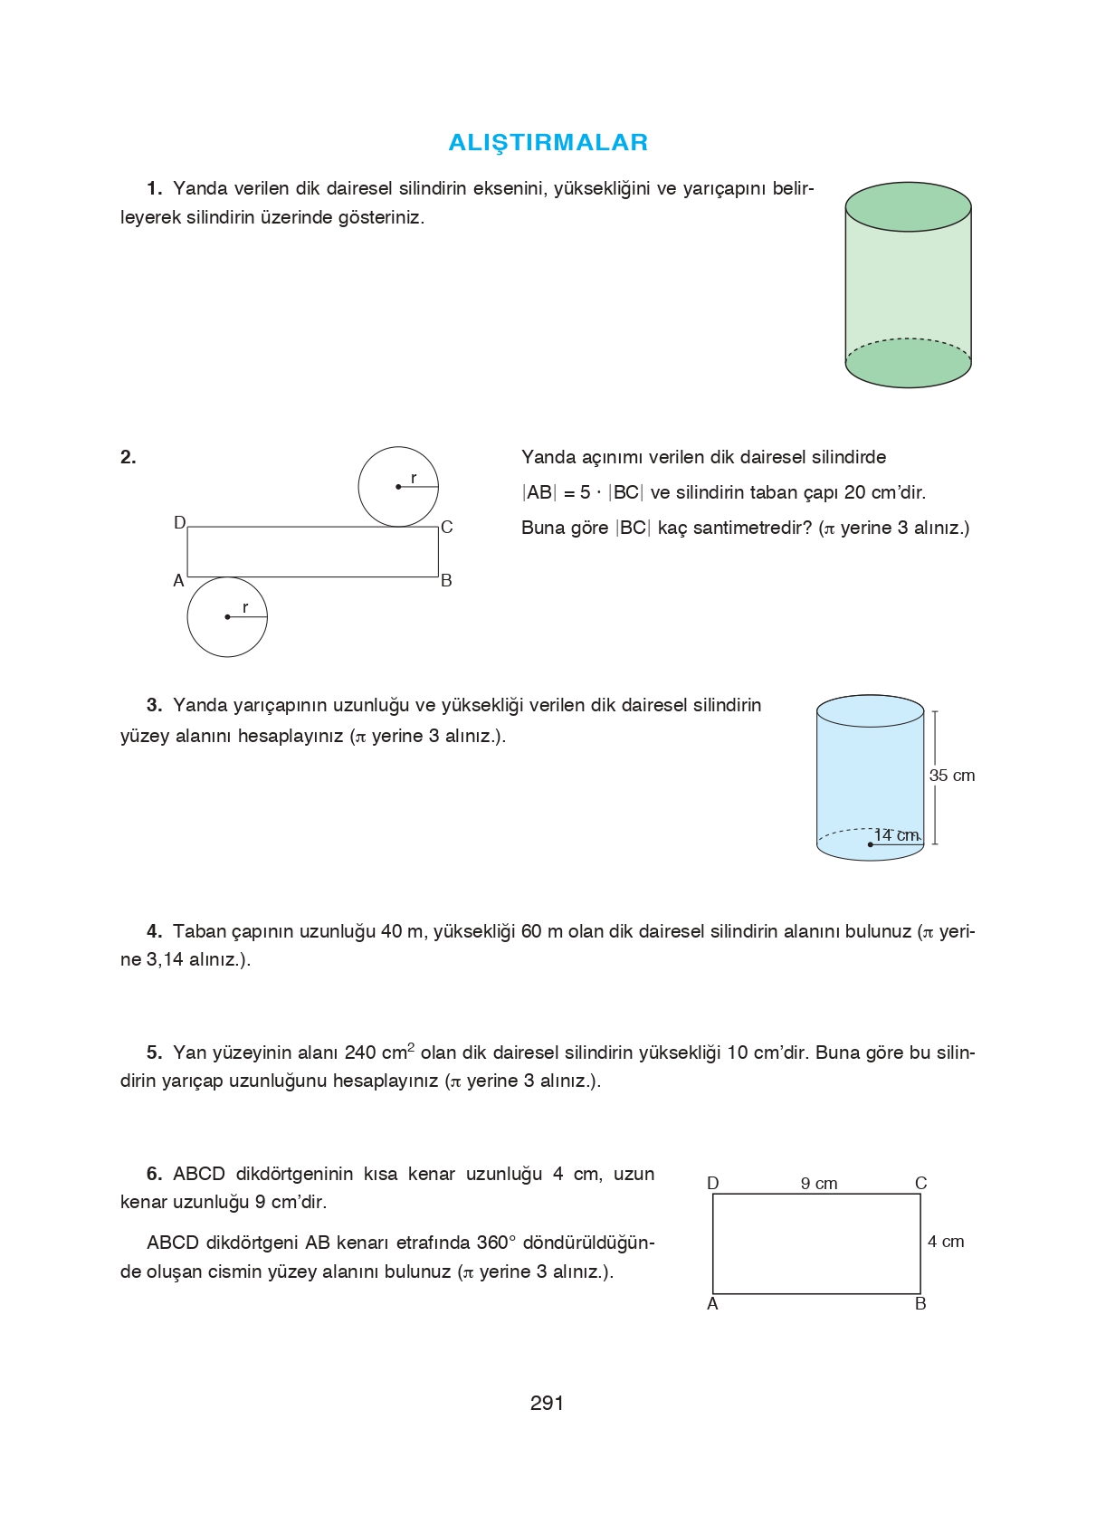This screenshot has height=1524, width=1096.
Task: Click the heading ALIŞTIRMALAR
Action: point(548,142)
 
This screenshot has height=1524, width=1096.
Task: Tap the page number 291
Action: point(547,1403)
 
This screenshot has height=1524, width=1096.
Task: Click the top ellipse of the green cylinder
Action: point(908,206)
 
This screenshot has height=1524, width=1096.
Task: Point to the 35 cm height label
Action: point(951,776)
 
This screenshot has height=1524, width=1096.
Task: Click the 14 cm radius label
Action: point(896,834)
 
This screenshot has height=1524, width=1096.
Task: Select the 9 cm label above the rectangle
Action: point(819,1184)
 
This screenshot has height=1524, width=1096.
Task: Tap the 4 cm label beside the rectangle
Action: point(946,1242)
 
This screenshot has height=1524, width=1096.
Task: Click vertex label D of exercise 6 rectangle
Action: point(712,1184)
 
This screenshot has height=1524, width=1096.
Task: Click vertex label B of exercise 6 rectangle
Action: point(920,1304)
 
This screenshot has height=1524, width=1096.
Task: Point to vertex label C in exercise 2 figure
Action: point(446,528)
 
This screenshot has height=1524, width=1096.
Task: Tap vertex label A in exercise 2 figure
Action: point(178,581)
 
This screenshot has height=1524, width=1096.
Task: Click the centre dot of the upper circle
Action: point(398,487)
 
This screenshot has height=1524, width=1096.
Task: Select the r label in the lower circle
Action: point(244,608)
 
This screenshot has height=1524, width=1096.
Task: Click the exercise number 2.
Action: point(128,457)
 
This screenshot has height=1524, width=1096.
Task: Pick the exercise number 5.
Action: point(154,1053)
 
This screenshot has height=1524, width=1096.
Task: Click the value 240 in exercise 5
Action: point(359,1053)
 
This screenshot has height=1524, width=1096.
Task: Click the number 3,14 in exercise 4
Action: point(165,959)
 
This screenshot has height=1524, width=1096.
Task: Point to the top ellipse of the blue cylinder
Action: point(870,711)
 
